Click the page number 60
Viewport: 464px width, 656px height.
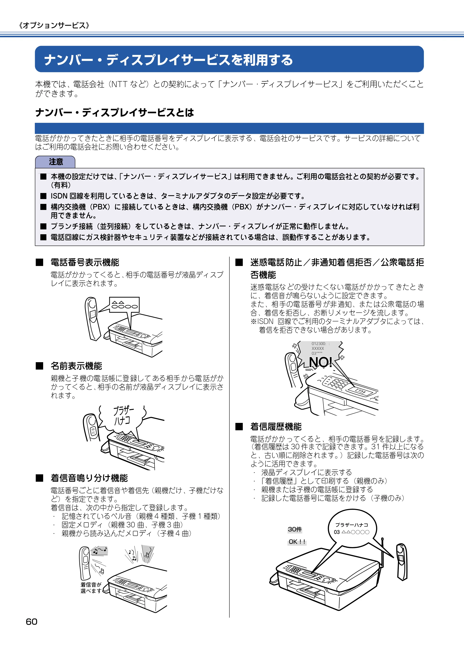pos(32,622)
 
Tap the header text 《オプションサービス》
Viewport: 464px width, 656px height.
pos(54,25)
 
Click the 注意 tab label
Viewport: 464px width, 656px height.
pos(56,162)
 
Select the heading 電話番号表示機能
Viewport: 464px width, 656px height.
pos(85,262)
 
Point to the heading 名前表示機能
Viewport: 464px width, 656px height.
pos(76,366)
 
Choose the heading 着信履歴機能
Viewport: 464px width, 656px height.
pos(276,427)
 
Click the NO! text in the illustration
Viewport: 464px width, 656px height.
pos(320,362)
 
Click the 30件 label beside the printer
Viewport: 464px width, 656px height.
pos(295,529)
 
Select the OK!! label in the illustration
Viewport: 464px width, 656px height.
pos(297,542)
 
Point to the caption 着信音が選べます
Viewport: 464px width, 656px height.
pos(91,588)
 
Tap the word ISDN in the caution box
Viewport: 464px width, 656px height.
pos(59,196)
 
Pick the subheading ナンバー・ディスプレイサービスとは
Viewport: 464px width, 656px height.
pos(114,112)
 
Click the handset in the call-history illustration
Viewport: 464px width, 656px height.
pos(401,562)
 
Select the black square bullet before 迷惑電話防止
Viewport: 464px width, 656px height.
pos(239,262)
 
